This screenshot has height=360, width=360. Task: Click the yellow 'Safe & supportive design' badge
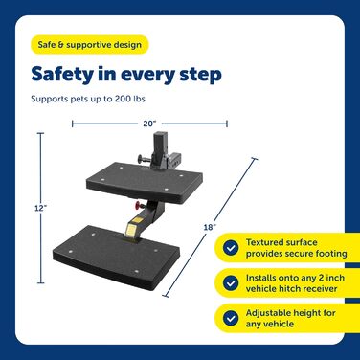(89, 45)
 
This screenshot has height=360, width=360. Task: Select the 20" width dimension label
(149, 124)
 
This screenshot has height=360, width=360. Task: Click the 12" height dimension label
(41, 208)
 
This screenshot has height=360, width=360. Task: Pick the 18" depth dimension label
(210, 227)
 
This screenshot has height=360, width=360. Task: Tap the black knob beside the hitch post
(142, 158)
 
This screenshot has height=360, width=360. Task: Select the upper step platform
(145, 182)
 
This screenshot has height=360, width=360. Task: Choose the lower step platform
(116, 254)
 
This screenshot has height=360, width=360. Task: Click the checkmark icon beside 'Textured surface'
(231, 248)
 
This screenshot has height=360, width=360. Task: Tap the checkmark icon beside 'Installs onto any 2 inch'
(231, 282)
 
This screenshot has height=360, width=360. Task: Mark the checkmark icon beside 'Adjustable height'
(231, 318)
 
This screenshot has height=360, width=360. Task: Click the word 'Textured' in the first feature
(264, 242)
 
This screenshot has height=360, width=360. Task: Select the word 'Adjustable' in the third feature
(267, 313)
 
